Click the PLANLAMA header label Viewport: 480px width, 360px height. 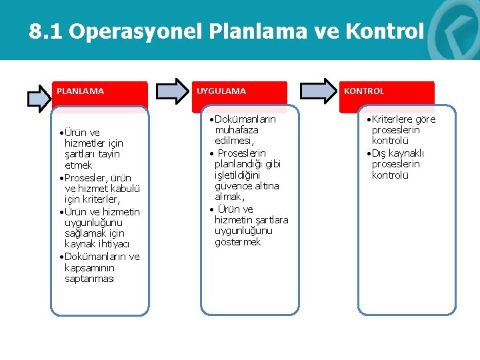pos(80,91)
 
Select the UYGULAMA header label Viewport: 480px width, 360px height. pos(221,91)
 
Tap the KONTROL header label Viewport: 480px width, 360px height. pos(364,91)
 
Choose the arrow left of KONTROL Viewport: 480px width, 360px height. pos(319,91)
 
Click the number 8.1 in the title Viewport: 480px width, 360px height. pos(46,31)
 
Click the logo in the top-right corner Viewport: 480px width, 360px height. pos(459,30)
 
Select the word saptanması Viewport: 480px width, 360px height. pos(89,279)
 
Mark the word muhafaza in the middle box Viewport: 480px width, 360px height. pos(237,130)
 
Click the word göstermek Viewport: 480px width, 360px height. pos(237,242)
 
